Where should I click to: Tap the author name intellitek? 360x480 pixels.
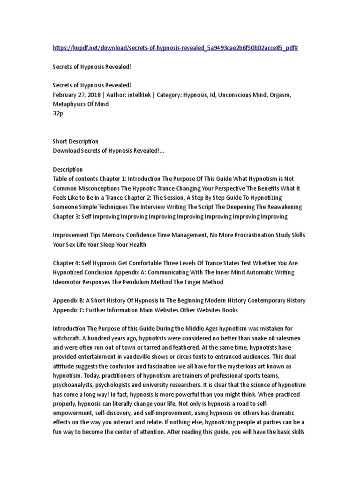pyautogui.click(x=135, y=95)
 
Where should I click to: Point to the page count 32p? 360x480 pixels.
pyautogui.click(x=57, y=113)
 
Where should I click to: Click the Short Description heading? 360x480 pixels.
pyautogui.click(x=75, y=141)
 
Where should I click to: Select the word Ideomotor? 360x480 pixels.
pyautogui.click(x=69, y=282)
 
